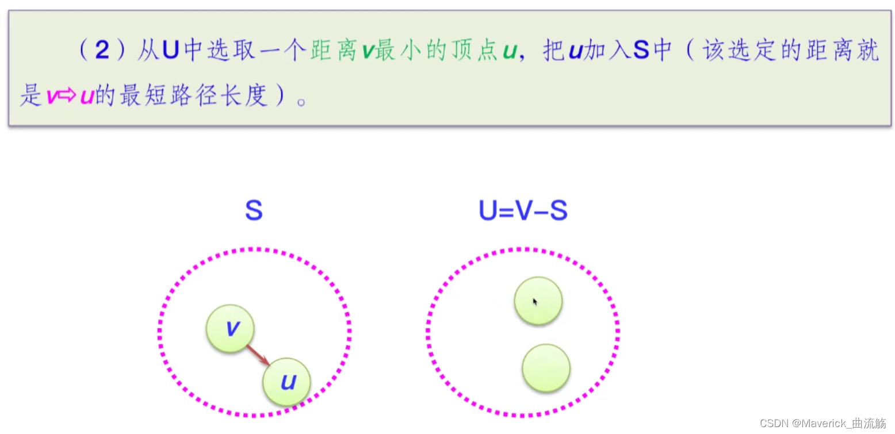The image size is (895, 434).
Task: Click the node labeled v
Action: pos(230,328)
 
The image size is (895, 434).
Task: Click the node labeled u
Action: pos(286,382)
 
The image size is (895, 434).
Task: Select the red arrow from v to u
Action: pos(258,355)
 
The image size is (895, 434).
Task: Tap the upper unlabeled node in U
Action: pos(538,301)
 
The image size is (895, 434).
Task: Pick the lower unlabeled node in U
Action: pos(546,368)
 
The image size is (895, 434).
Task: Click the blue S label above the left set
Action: pos(254,211)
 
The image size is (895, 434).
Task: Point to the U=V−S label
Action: pos(523,211)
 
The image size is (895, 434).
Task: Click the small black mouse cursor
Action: pos(535,301)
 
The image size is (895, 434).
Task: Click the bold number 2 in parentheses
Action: pos(102,51)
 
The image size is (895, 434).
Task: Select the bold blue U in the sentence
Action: pos(171,51)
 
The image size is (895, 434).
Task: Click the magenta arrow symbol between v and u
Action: pos(68,96)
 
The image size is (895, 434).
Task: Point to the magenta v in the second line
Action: pos(51,96)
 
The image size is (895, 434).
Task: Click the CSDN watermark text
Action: pos(823,423)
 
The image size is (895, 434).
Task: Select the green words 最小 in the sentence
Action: pos(401,51)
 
